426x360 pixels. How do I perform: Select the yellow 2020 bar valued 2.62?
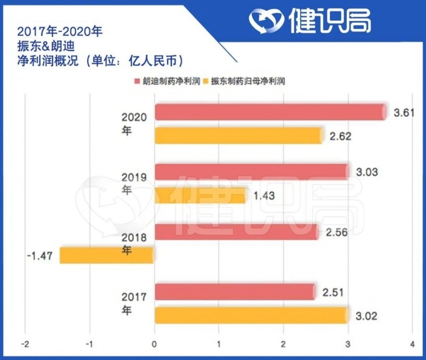pos(239,135)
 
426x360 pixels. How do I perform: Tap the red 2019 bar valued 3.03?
pos(251,171)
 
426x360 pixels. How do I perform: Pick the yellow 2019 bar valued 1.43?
pos(200,195)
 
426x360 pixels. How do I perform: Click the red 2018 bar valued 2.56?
pos(236,232)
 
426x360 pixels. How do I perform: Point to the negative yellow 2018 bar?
pos(106,255)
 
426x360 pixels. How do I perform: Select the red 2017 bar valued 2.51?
pos(234,291)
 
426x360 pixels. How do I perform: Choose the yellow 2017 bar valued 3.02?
pos(251,315)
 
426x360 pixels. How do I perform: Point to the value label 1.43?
pos(264,196)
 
